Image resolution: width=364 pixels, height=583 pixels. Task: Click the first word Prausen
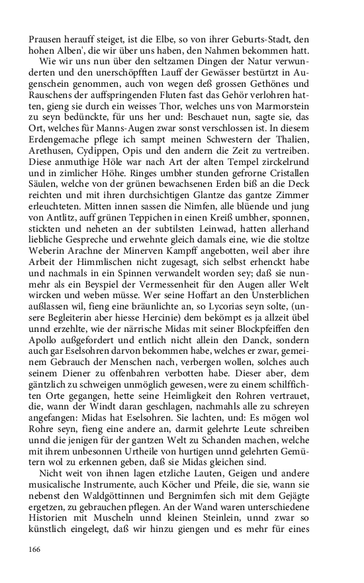(46, 39)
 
